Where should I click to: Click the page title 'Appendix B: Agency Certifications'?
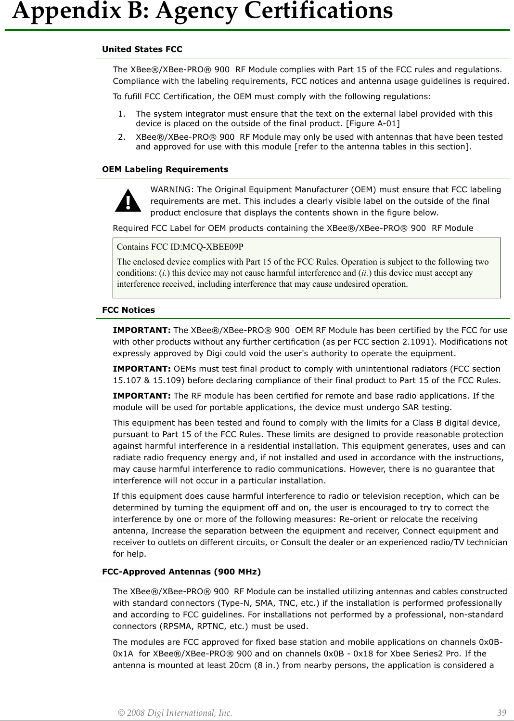point(202,12)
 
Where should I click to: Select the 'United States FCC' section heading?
point(142,49)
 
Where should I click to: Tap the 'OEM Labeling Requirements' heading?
point(165,169)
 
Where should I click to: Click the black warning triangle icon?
point(128,201)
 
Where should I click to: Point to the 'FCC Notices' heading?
point(128,310)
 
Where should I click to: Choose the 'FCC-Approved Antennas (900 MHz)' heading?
point(181,572)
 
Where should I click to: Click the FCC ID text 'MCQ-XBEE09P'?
point(213,247)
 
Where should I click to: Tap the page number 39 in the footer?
point(501,713)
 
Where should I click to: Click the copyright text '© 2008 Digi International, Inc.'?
point(175,713)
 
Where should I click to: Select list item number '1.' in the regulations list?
point(122,114)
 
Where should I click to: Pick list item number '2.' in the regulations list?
point(122,137)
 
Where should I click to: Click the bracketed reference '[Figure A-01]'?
point(373,123)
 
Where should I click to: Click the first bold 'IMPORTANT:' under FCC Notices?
point(141,330)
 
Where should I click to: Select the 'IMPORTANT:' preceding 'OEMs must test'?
point(141,369)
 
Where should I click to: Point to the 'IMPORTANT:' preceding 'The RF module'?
point(141,396)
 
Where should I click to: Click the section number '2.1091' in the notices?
point(437,342)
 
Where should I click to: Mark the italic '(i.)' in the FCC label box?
point(164,273)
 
